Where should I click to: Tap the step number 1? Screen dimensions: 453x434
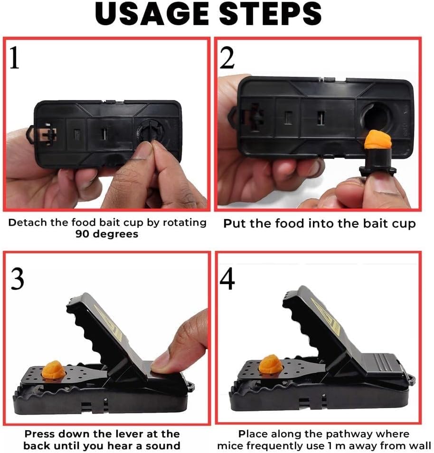coord(15,58)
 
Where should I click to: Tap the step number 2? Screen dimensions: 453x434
coord(228,58)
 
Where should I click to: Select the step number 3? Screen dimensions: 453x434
coord(17,280)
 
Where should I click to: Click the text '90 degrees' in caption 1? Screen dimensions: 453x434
coord(107,234)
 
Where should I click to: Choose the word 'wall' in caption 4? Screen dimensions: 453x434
coord(418,445)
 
